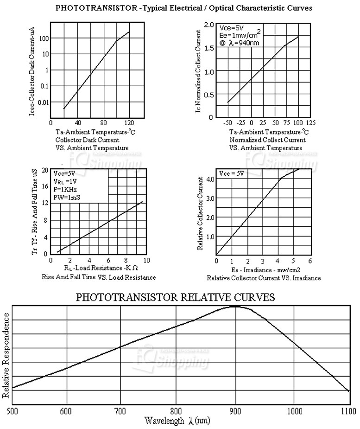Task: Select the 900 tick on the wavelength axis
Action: pos(236,410)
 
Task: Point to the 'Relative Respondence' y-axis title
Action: pos(6,355)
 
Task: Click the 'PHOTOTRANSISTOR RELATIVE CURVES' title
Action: pos(175,297)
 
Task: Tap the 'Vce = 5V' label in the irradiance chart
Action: pos(231,173)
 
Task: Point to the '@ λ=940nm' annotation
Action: pos(239,43)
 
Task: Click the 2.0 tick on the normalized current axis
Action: pos(208,25)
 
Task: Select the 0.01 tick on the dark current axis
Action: pos(42,102)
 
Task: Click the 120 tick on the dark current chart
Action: pos(129,123)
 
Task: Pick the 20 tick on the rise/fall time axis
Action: pos(45,170)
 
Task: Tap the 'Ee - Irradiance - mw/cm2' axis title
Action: pos(263,270)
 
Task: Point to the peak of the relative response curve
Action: pos(235,307)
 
